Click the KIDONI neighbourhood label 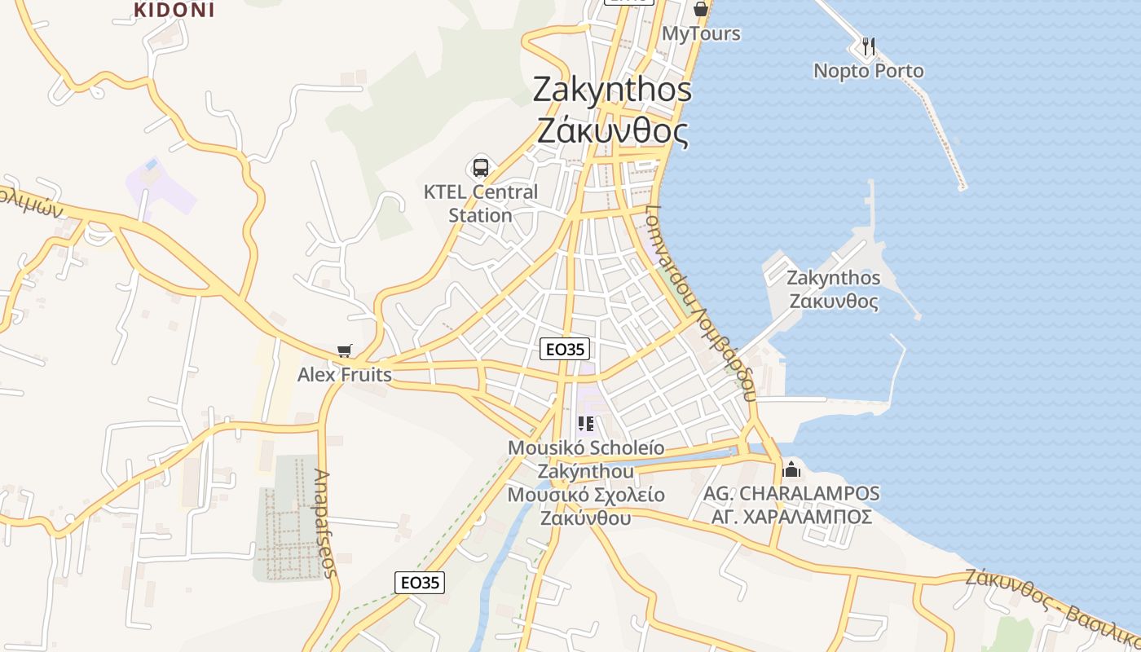tap(174, 10)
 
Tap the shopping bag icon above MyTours tap(700, 9)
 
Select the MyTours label tap(701, 33)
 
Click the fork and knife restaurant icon tap(869, 46)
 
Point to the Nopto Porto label tap(869, 71)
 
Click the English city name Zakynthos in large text tap(612, 90)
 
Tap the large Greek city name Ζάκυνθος tap(612, 130)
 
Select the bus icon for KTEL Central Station tap(481, 168)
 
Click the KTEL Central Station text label tap(481, 204)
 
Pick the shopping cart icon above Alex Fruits tap(345, 351)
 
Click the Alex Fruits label tap(345, 375)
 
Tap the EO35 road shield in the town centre tap(565, 350)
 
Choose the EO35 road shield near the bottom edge tap(420, 582)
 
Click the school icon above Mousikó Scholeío tap(585, 424)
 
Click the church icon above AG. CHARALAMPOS tap(791, 469)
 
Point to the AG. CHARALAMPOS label tap(791, 494)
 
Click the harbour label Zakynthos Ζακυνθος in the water tap(834, 289)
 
